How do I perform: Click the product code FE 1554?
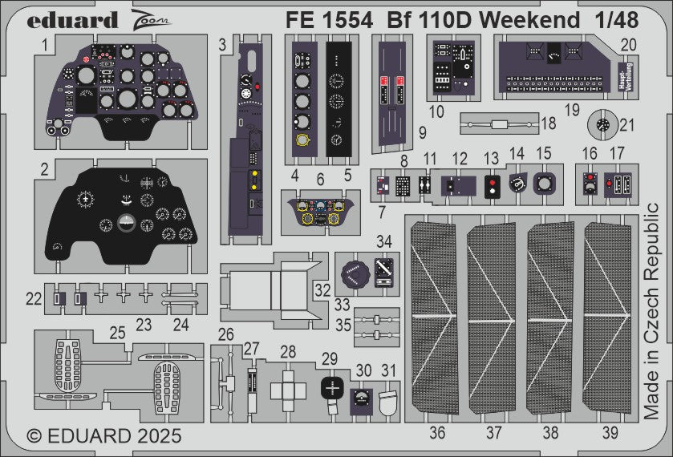325,21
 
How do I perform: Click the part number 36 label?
437,433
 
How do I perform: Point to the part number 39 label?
610,433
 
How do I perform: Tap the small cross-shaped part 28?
288,390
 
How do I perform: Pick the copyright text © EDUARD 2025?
104,437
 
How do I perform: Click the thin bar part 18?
497,124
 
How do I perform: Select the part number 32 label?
322,289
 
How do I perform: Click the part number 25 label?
117,331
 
